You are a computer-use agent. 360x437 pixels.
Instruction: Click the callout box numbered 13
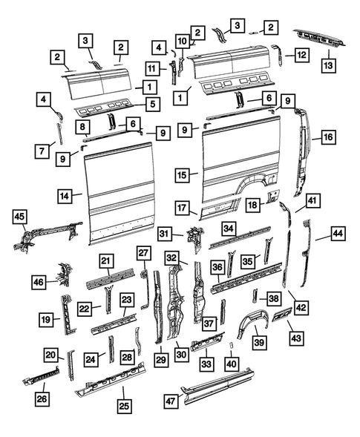pyautogui.click(x=328, y=65)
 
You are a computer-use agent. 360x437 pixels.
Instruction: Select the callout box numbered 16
pyautogui.click(x=327, y=137)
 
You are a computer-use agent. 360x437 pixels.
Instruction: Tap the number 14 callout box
pyautogui.click(x=66, y=196)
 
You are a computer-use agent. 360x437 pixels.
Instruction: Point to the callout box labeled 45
pyautogui.click(x=20, y=216)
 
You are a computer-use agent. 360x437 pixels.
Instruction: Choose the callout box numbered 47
pyautogui.click(x=171, y=401)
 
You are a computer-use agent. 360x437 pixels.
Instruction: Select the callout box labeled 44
pyautogui.click(x=338, y=234)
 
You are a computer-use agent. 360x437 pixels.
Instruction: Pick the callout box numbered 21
pyautogui.click(x=106, y=260)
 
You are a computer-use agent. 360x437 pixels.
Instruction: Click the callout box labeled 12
pyautogui.click(x=300, y=54)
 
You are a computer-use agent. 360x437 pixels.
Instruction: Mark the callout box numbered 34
pyautogui.click(x=229, y=228)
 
